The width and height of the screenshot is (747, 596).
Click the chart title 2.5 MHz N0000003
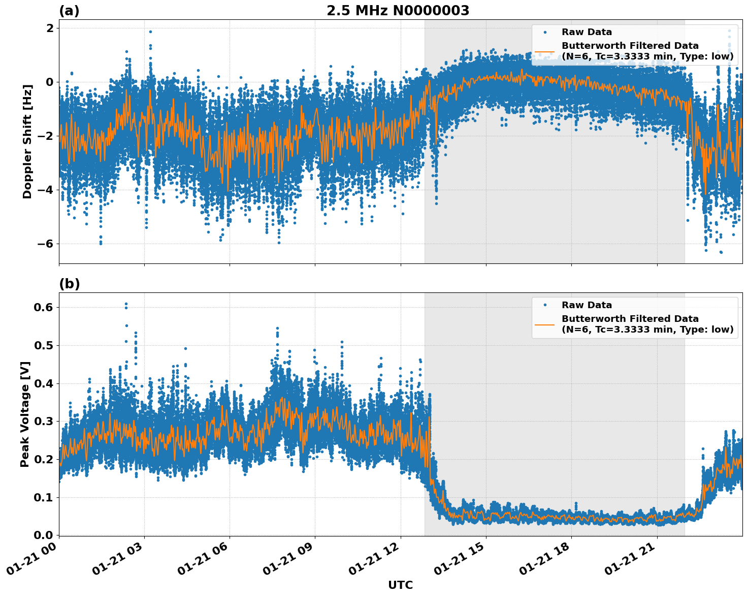(x=398, y=11)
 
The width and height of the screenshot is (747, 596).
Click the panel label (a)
(x=69, y=11)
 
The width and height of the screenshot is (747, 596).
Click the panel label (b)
(x=69, y=284)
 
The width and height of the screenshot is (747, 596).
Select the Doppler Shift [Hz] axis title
(x=27, y=141)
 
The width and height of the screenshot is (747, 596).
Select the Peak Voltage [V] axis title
(x=25, y=414)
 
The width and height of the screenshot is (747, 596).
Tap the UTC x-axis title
(x=400, y=585)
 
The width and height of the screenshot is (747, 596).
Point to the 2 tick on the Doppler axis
(x=50, y=28)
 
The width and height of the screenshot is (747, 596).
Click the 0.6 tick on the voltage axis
(x=43, y=307)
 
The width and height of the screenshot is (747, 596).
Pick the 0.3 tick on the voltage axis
(x=43, y=421)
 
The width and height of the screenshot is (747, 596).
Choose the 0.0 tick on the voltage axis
(x=43, y=535)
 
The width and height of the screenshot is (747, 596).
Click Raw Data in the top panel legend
(x=587, y=32)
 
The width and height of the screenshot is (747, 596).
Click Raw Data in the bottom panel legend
(x=587, y=305)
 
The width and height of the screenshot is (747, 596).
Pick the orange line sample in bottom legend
(x=544, y=324)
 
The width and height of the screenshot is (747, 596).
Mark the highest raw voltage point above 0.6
(x=126, y=304)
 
